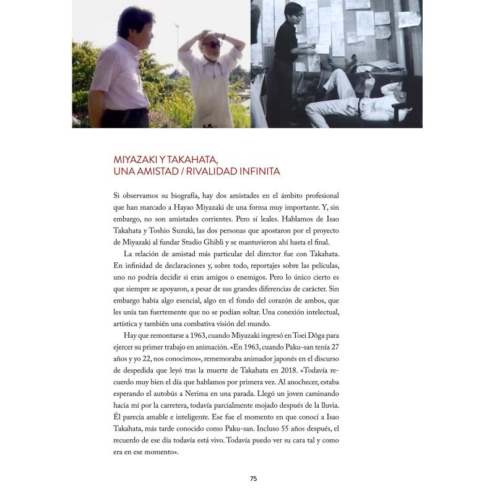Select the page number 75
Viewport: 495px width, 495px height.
(253, 478)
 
